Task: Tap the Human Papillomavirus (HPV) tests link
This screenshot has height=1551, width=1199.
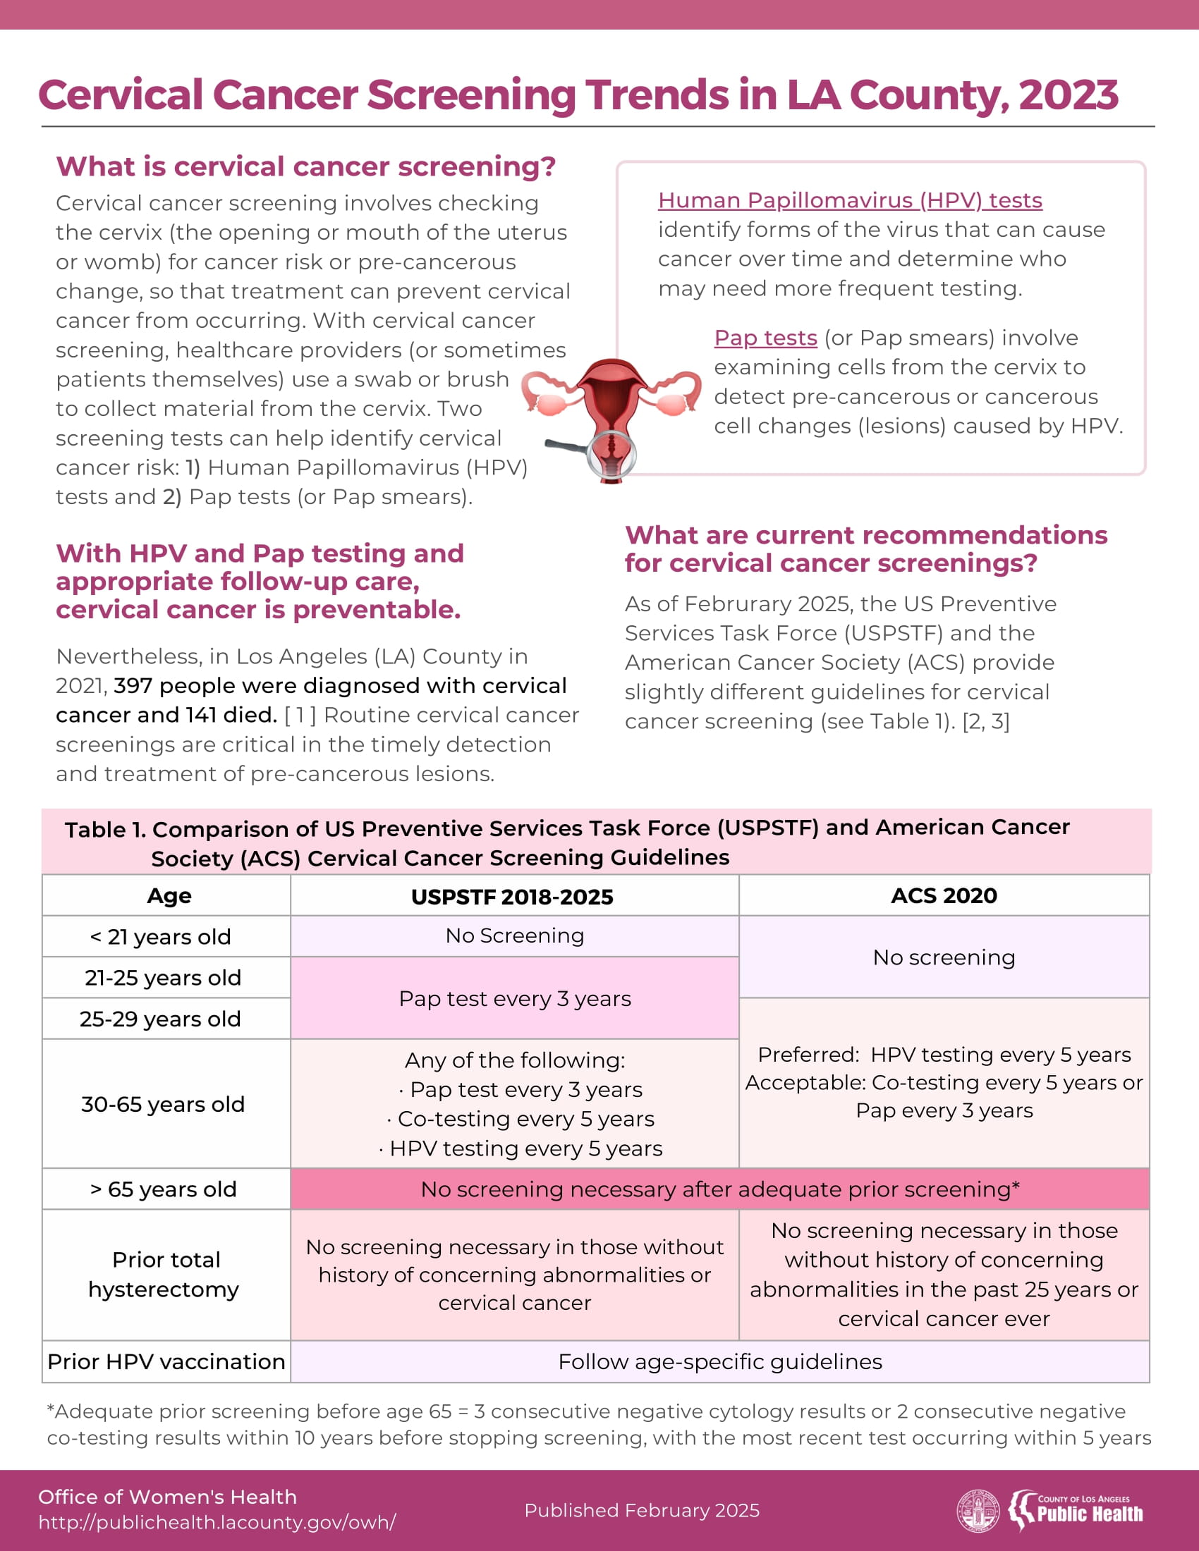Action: (x=850, y=201)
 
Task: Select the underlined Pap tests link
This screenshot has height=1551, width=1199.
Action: (x=765, y=338)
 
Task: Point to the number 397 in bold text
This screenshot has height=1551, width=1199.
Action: (x=133, y=686)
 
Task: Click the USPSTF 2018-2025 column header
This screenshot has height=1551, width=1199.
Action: (x=512, y=897)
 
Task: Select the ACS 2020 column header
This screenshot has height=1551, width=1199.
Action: (x=943, y=895)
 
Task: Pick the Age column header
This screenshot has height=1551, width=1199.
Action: (x=169, y=896)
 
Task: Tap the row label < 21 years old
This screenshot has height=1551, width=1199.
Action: (x=161, y=938)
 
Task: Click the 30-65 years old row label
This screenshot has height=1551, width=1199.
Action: (x=163, y=1104)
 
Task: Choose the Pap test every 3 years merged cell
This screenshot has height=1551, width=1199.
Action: (x=514, y=999)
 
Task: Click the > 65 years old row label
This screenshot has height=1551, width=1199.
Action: (x=164, y=1189)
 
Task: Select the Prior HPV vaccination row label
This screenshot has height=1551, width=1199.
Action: (x=166, y=1362)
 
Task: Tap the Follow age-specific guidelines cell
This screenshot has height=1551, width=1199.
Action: (x=719, y=1362)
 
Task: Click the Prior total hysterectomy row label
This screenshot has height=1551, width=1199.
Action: (x=165, y=1275)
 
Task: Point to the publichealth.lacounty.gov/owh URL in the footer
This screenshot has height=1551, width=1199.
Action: (x=217, y=1523)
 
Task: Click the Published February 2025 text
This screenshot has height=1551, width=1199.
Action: (x=641, y=1511)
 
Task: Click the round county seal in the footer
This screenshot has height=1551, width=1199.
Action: (x=978, y=1511)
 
